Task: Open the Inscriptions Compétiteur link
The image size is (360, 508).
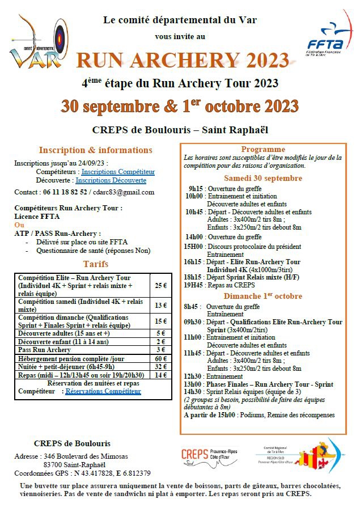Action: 118,172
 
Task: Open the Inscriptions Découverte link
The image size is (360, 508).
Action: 111,180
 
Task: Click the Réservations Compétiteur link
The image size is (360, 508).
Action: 103,391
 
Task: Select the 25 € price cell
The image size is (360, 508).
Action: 160,285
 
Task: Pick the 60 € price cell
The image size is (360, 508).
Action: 160,358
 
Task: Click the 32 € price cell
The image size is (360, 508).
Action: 160,366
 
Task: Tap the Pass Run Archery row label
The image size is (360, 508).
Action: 45,350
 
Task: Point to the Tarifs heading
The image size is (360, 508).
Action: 95,264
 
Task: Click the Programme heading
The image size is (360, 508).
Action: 263,149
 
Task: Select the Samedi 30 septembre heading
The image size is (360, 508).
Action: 263,178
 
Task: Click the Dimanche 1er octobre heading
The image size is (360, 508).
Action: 263,296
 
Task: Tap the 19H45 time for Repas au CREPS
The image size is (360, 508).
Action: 194,286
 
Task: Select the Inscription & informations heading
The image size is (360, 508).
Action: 95,150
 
